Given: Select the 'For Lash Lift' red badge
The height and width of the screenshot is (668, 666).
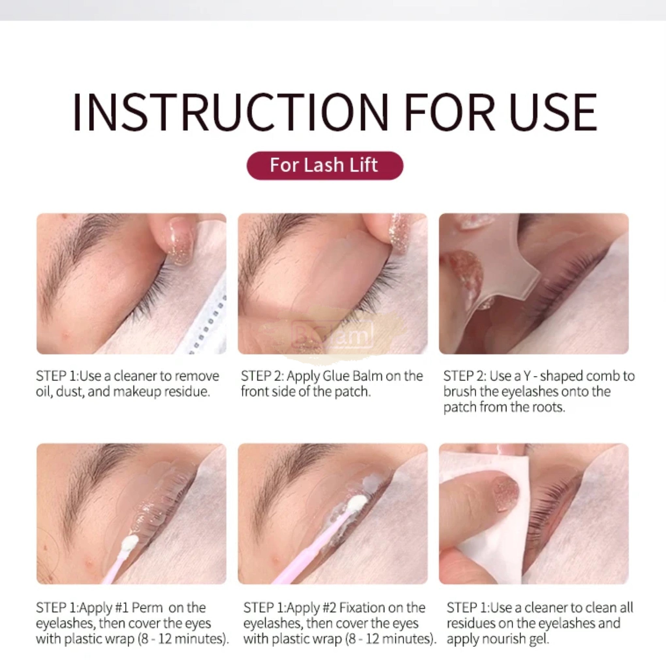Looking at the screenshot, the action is [x=325, y=165].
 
